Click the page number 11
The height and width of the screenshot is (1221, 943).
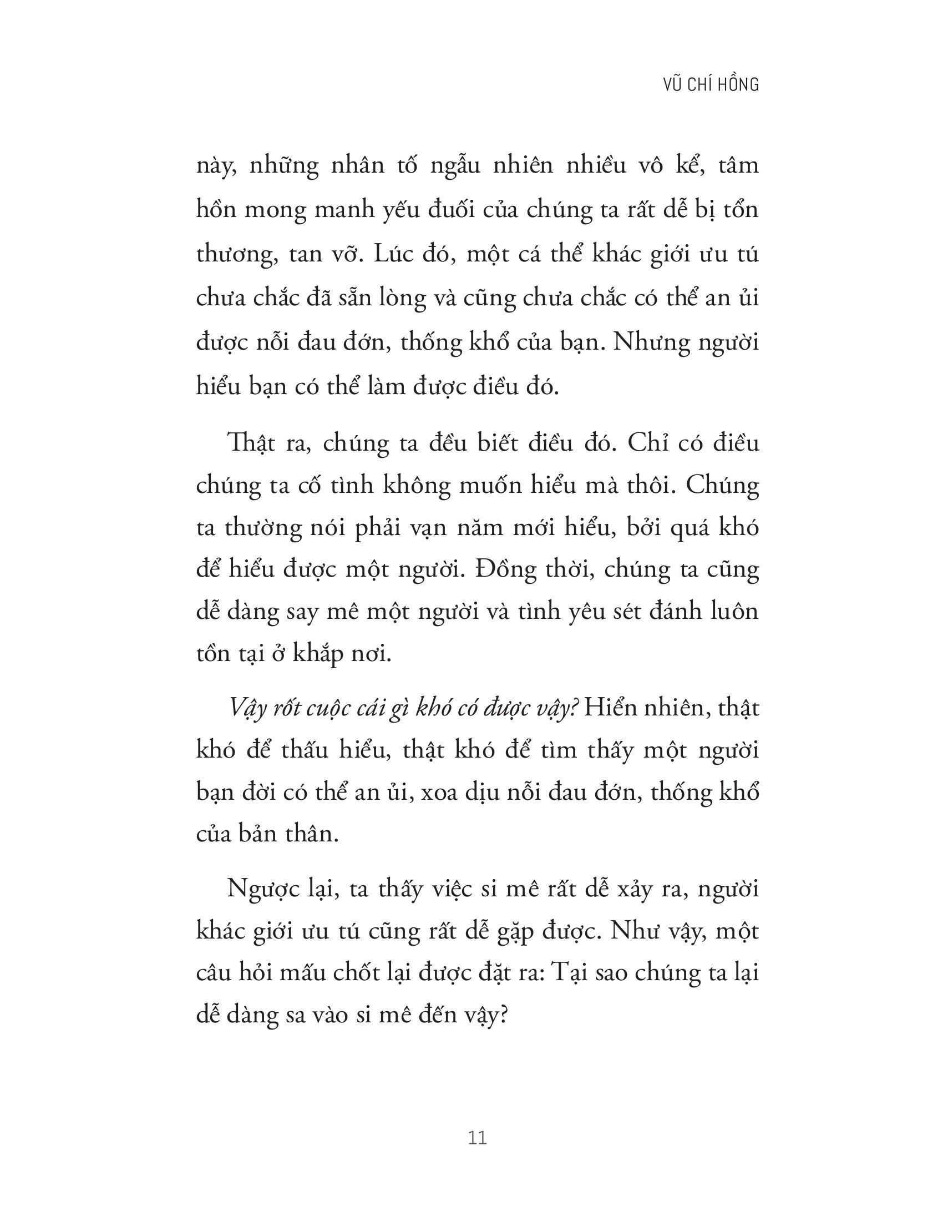pos(479,1138)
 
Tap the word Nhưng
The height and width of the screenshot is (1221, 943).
pos(651,342)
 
